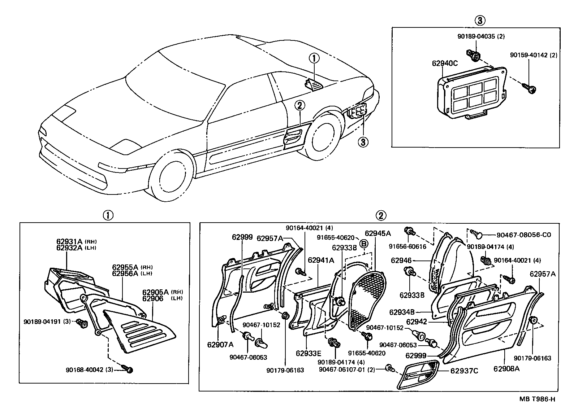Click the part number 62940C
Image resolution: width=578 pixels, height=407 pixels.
[x=445, y=64]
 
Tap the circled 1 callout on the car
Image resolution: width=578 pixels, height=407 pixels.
[x=314, y=58]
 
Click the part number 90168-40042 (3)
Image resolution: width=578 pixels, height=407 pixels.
[x=89, y=370]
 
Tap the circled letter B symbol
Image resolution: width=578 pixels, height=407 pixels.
[x=364, y=244]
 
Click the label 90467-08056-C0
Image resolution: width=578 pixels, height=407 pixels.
[x=523, y=235]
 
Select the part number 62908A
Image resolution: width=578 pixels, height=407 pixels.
[x=506, y=369]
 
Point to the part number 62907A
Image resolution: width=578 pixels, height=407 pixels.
[x=220, y=345]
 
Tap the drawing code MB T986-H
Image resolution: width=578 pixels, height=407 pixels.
[x=537, y=399]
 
